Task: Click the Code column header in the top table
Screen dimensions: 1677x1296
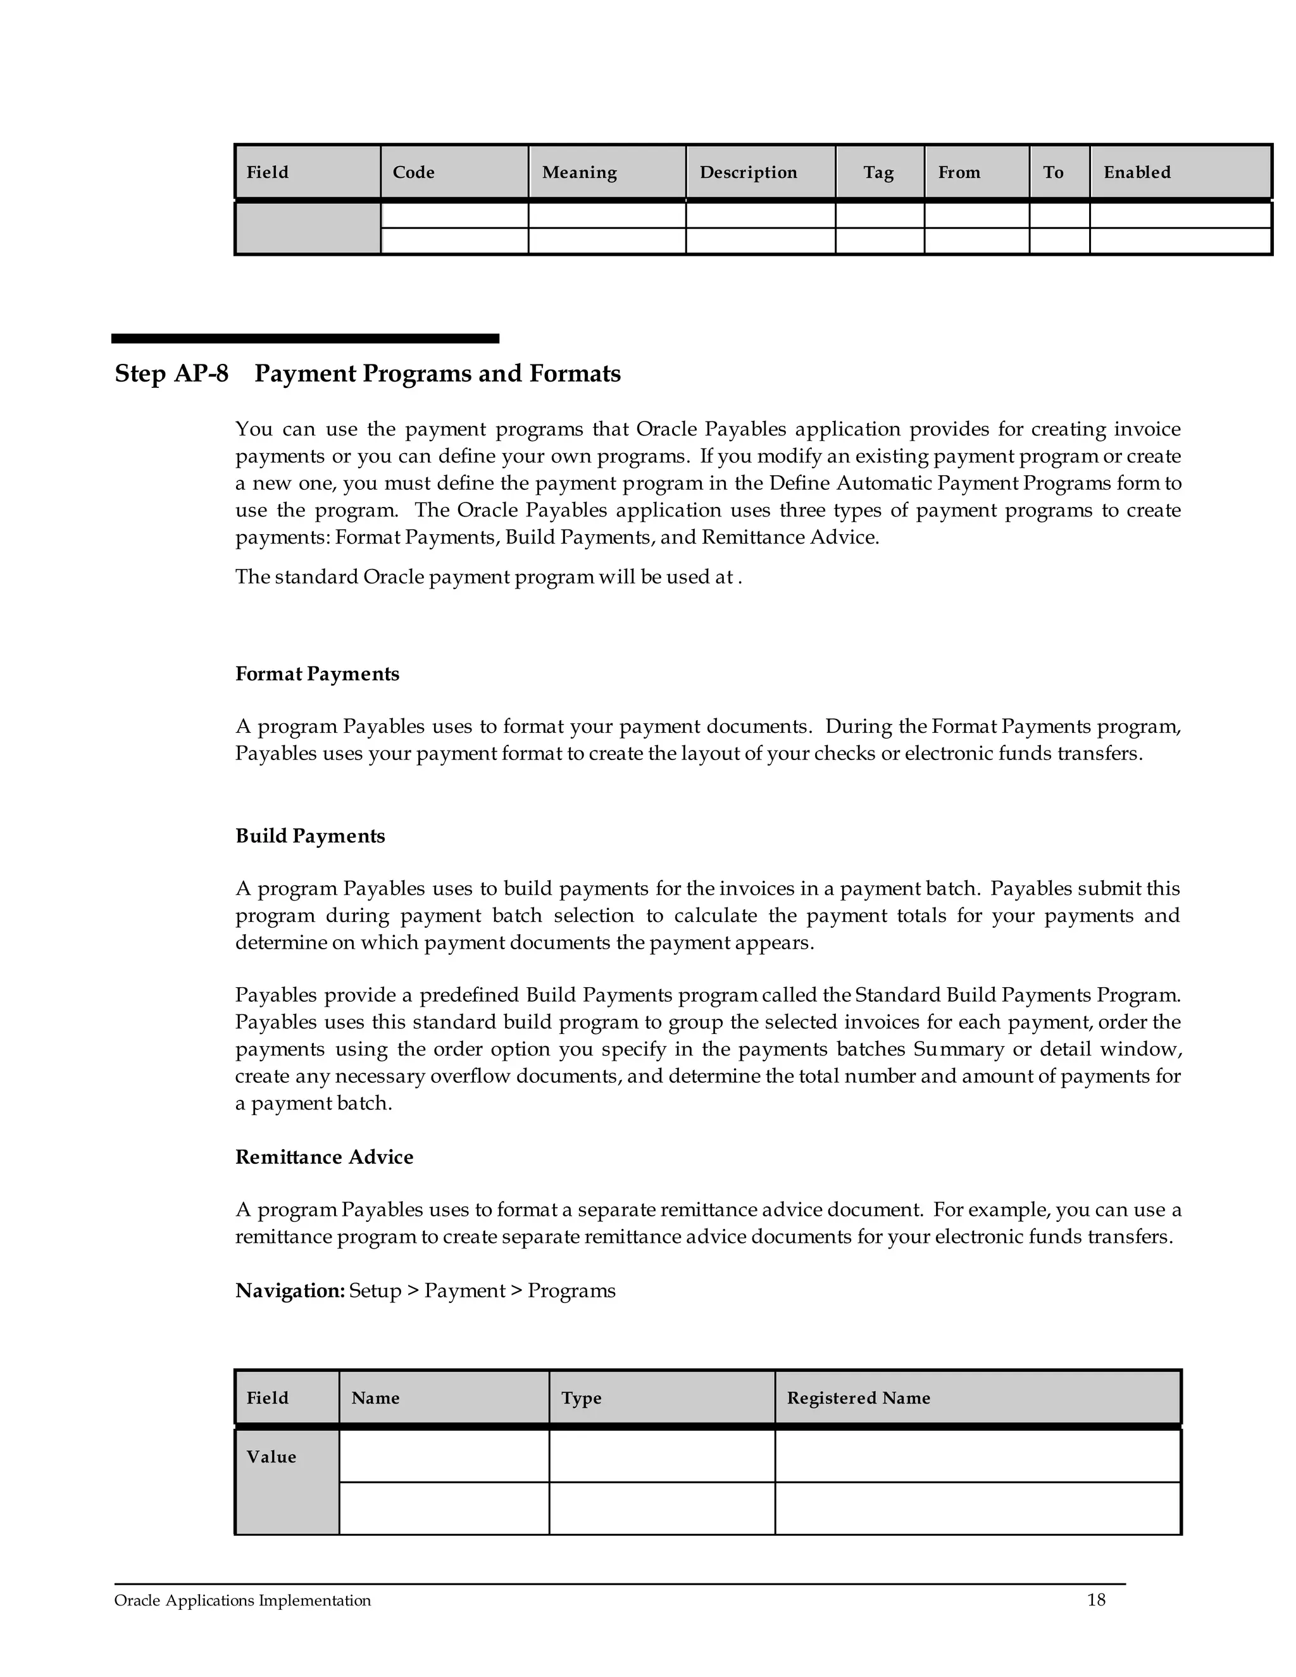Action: (413, 172)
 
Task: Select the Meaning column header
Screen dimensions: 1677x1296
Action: (579, 172)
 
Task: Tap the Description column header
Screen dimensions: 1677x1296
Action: (748, 172)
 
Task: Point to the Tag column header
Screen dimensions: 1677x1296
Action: (878, 172)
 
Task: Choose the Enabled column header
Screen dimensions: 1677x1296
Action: (1137, 172)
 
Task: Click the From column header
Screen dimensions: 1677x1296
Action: (959, 172)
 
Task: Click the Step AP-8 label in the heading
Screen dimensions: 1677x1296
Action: (171, 374)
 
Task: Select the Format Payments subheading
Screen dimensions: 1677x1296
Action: (317, 673)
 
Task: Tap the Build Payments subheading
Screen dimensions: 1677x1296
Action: (309, 835)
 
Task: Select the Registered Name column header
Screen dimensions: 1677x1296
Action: (857, 1397)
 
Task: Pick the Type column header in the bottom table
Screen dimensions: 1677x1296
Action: (581, 1397)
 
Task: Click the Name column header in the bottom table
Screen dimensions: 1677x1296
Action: (375, 1397)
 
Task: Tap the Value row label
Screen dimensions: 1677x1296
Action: (271, 1457)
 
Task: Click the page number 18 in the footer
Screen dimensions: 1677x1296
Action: (1095, 1599)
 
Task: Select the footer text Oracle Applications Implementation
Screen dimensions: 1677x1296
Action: (242, 1600)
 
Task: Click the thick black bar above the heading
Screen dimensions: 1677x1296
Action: (305, 339)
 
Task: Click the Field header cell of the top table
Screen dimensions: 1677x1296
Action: (267, 172)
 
